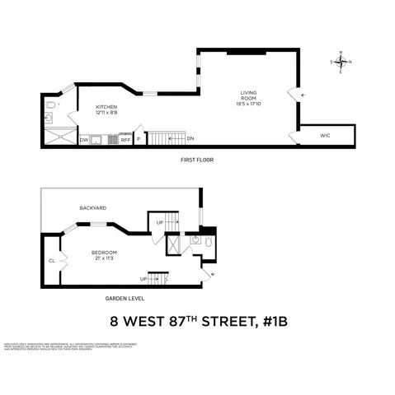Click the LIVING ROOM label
coord(248,95)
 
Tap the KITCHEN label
coord(107,107)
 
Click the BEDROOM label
coord(104,252)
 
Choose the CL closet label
coord(51,261)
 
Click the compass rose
coord(343,62)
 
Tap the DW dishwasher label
coord(84,141)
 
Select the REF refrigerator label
coord(125,141)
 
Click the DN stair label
coord(190,138)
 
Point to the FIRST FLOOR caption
coord(195,159)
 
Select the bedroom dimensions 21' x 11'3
coord(104,259)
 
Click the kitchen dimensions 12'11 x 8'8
coord(107,114)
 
